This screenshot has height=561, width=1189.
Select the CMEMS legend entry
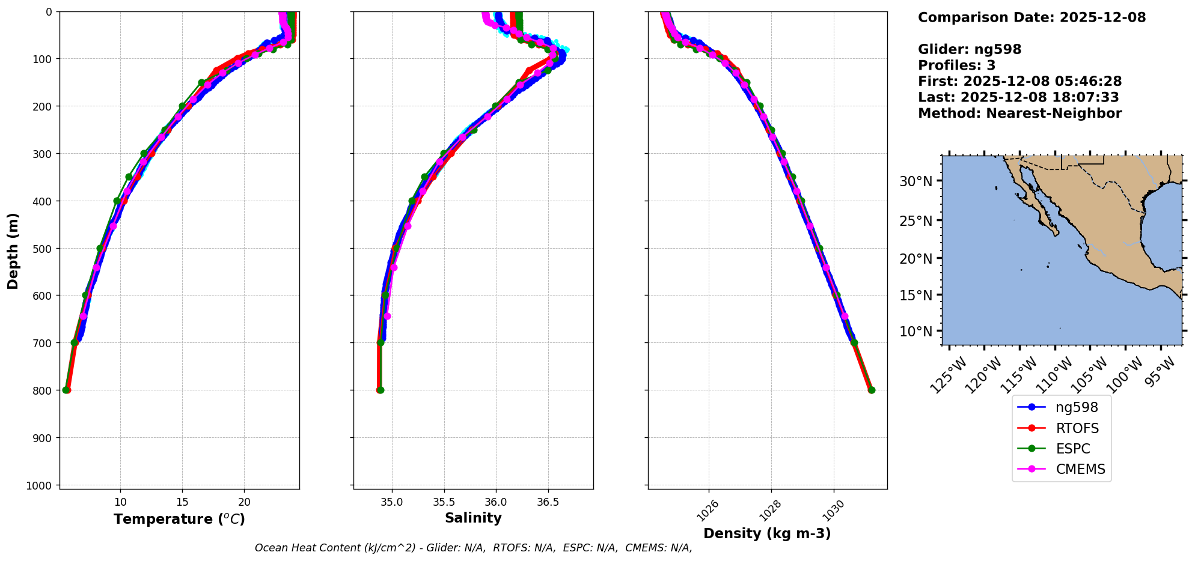[x=1080, y=469]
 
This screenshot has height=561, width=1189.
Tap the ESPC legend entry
[x=1072, y=449]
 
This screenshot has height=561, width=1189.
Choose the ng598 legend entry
[x=1076, y=408]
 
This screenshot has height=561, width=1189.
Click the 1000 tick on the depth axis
[x=38, y=485]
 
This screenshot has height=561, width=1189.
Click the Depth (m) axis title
[x=13, y=250]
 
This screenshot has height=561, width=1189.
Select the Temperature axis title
[x=179, y=519]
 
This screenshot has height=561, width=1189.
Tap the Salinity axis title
[x=473, y=518]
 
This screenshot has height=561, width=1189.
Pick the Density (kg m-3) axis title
[x=767, y=533]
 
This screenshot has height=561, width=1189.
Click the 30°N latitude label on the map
[x=916, y=181]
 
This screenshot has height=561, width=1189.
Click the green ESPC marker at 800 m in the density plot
[x=872, y=390]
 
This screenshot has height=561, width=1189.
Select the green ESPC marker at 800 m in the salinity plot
[x=381, y=390]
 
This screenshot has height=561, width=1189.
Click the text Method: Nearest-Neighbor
[x=1019, y=114]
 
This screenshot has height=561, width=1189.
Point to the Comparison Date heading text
[x=1032, y=17]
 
